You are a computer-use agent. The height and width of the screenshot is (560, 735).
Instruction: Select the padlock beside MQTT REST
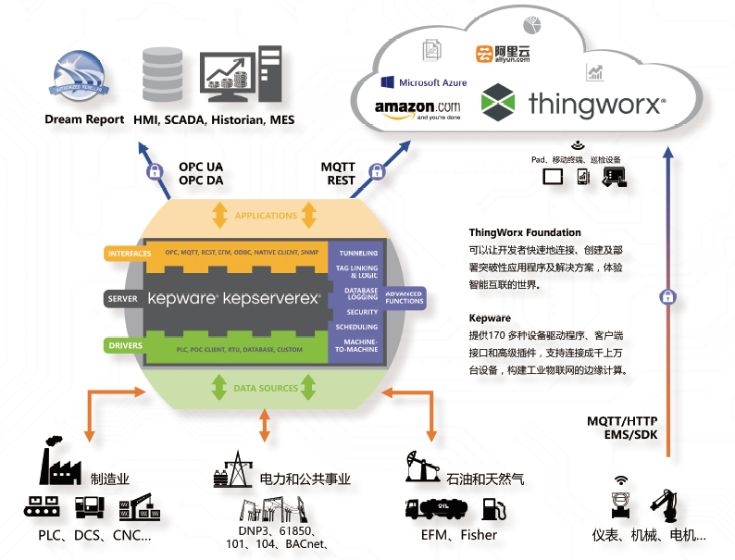pos(377,171)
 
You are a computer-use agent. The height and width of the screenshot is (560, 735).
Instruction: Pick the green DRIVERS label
pos(125,346)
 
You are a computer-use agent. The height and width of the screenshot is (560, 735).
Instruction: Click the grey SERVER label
pos(122,299)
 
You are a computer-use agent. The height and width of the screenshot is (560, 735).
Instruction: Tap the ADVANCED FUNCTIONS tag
pos(404,298)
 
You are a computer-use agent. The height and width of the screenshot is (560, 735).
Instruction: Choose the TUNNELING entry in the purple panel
pos(358,253)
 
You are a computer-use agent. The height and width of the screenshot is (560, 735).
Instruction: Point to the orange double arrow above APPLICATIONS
pos(219,216)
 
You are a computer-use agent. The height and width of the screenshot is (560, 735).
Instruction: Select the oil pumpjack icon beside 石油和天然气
pos(423,466)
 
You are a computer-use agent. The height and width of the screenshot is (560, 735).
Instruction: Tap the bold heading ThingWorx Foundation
pos(525,232)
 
